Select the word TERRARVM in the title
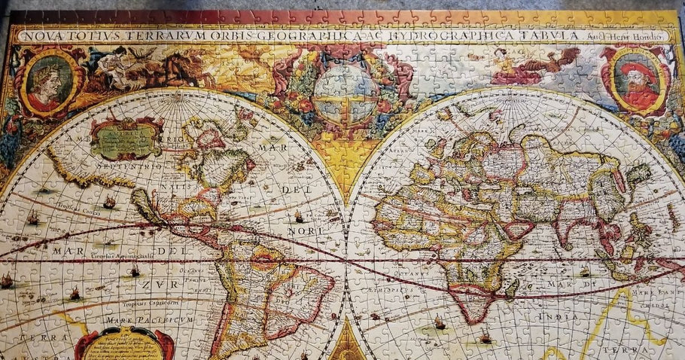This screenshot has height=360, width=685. point(159,35)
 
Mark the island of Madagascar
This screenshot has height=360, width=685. point(513,286)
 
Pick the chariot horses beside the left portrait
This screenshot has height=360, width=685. point(177,72)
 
